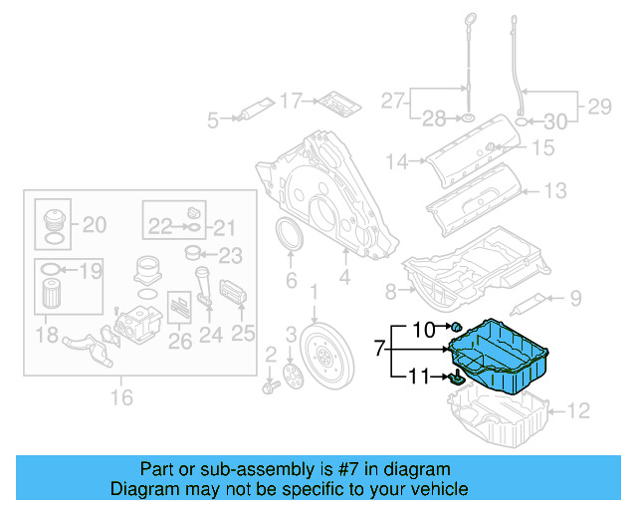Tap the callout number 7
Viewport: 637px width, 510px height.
[x=378, y=349]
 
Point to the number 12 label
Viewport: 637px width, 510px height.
[x=578, y=408]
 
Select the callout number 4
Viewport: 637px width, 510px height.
[x=343, y=280]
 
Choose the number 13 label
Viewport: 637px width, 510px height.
[x=553, y=189]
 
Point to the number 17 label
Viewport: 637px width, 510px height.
[x=290, y=101]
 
